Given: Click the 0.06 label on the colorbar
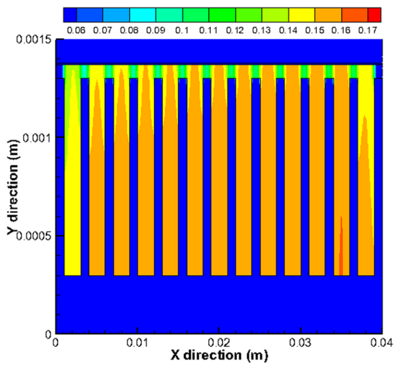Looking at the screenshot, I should point(76,30).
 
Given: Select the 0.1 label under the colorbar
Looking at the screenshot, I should point(182,30).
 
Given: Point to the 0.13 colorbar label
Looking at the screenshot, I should point(261,30).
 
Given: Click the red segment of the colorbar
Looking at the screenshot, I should point(374,15).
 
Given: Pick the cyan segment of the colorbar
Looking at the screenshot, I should point(142,15).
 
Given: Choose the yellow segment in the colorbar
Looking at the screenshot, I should point(301,15).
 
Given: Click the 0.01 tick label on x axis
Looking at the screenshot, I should point(137,343).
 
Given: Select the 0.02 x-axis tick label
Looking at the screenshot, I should point(219,343).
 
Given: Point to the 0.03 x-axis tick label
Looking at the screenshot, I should point(300,343).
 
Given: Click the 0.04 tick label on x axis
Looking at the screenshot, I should point(382,343).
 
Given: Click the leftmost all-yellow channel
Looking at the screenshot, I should point(73,213).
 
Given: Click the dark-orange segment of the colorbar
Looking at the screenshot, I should point(355,15).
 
